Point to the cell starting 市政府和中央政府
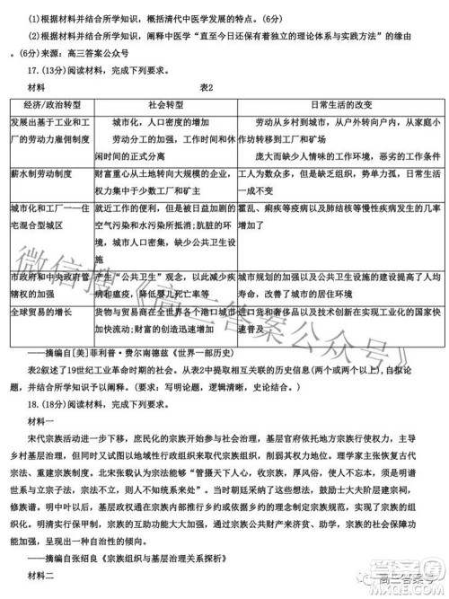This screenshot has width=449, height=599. point(48,286)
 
